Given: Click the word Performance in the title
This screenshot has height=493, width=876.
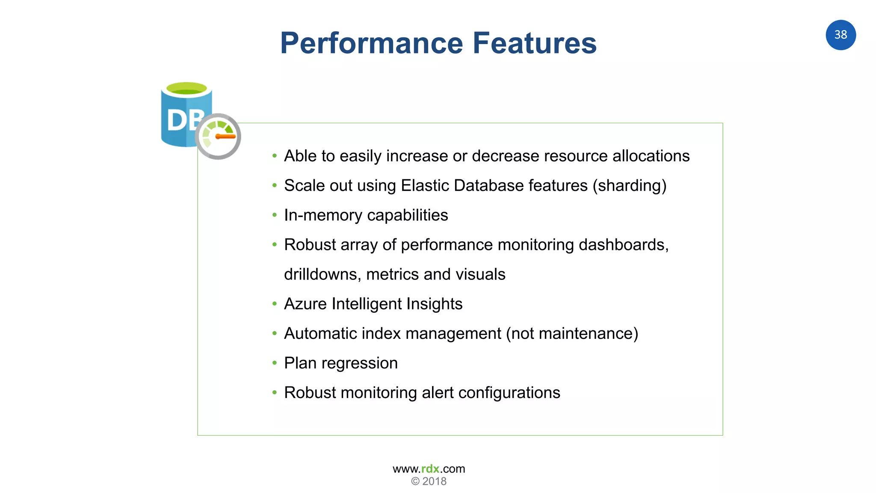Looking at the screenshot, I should coord(371,44).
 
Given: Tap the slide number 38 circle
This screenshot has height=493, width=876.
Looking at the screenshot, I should coord(840,35).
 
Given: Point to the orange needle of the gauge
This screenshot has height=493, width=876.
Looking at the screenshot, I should coord(225,137).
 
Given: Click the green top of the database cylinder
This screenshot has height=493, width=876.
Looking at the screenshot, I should coord(186,89).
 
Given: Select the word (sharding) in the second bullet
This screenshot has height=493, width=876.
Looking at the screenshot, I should coord(629,186).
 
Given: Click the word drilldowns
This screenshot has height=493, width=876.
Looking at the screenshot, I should coord(323,274).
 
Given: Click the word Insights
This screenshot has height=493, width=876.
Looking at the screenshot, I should coord(434,304).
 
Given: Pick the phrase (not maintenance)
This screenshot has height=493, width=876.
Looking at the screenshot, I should coord(572,333).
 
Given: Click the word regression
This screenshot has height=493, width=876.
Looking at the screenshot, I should coord(359,363).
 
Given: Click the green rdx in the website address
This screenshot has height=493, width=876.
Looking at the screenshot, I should coord(430,469).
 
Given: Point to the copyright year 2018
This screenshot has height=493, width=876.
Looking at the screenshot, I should coord(434,481).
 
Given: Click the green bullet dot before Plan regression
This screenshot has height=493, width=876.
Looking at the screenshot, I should coord(275,363).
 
